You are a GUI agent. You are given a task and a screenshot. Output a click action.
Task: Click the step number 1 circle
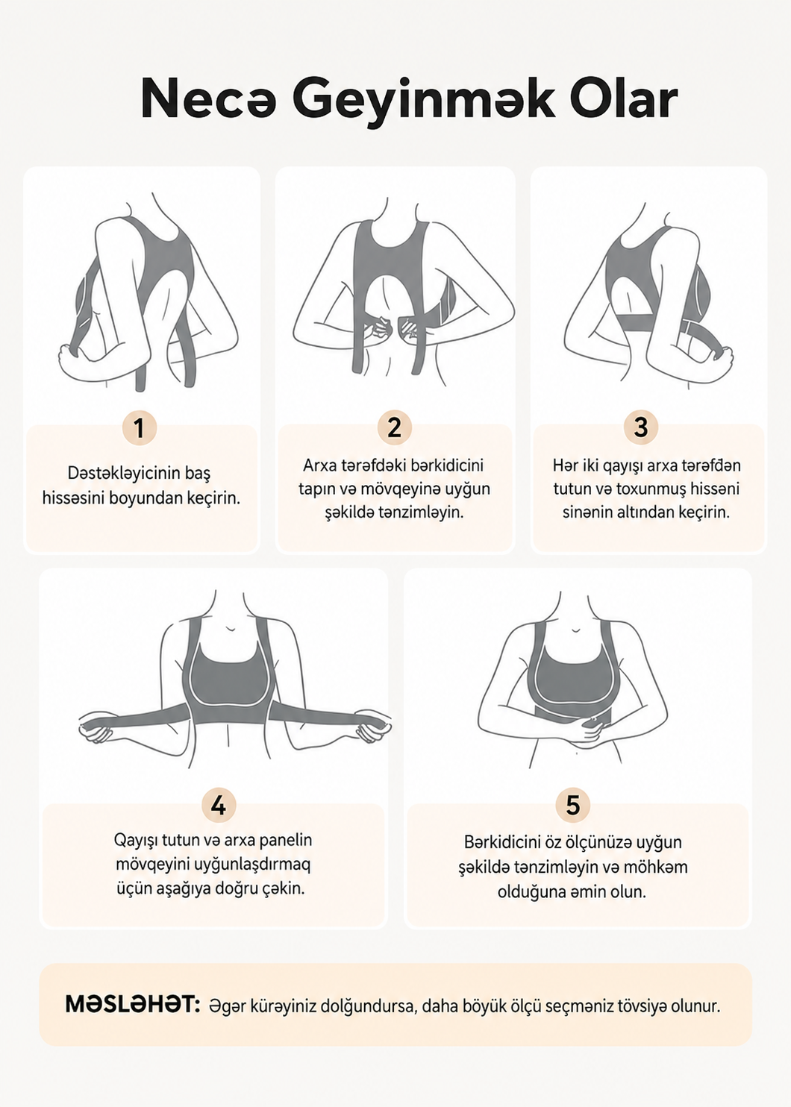(140, 427)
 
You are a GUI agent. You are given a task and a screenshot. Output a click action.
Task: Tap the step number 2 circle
(394, 427)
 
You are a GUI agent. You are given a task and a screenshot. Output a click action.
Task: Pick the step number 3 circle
(641, 427)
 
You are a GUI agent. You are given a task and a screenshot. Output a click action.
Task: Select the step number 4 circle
(219, 806)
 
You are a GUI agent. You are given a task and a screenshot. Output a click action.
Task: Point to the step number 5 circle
(572, 806)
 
